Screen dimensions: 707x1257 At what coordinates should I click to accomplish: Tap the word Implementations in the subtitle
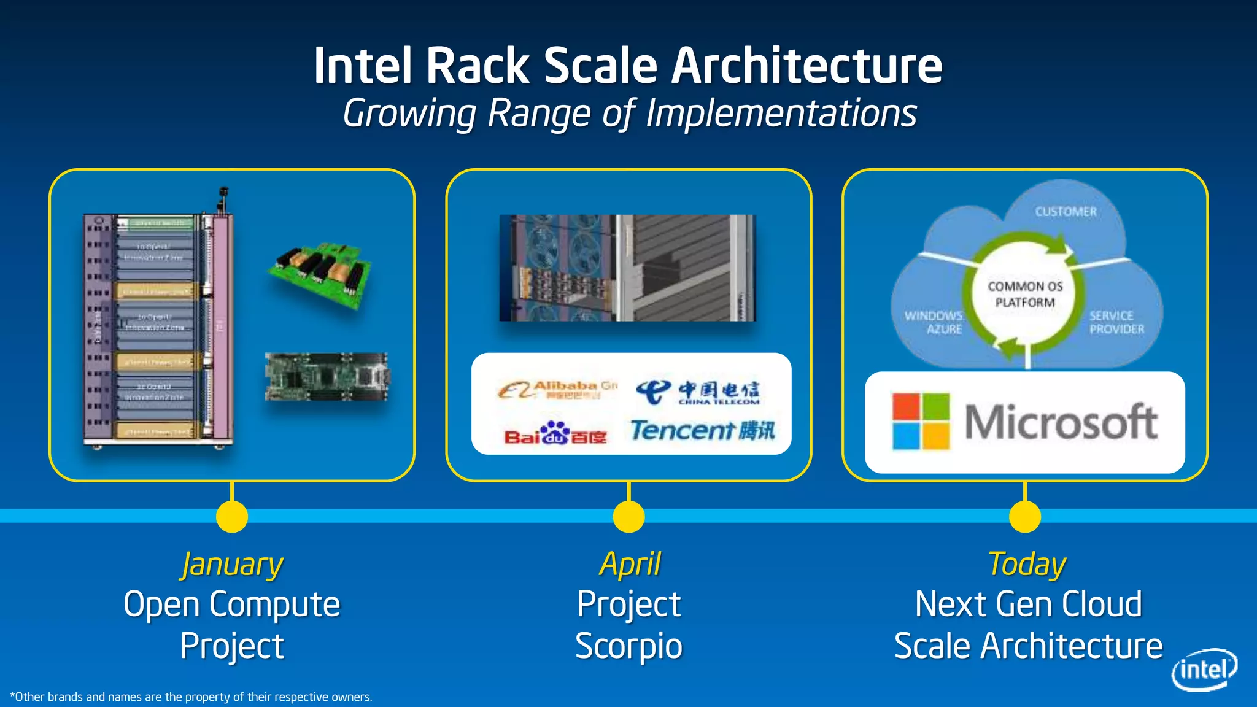pos(781,114)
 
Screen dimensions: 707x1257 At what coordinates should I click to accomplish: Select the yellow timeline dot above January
pos(232,516)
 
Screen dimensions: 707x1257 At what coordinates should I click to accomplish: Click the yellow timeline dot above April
pos(628,516)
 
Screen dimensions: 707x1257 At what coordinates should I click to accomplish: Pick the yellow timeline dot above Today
pos(1025,516)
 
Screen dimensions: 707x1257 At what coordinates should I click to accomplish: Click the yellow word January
pos(232,565)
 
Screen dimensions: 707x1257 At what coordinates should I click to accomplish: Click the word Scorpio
pos(628,646)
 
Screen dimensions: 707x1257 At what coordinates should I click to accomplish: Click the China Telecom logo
pos(698,392)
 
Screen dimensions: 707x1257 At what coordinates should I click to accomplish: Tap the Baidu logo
pos(555,433)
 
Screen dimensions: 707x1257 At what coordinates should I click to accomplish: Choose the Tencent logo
pos(703,430)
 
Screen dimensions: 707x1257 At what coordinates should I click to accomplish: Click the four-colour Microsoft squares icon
pos(920,422)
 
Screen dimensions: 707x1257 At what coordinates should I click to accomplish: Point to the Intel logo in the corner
pos(1204,670)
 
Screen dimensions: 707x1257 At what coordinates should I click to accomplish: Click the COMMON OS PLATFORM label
pos(1025,295)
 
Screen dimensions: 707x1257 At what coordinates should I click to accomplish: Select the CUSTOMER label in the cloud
pos(1066,212)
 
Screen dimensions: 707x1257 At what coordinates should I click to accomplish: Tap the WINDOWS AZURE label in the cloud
pos(934,322)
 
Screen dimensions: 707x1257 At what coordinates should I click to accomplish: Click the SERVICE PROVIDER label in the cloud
pos(1116,322)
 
